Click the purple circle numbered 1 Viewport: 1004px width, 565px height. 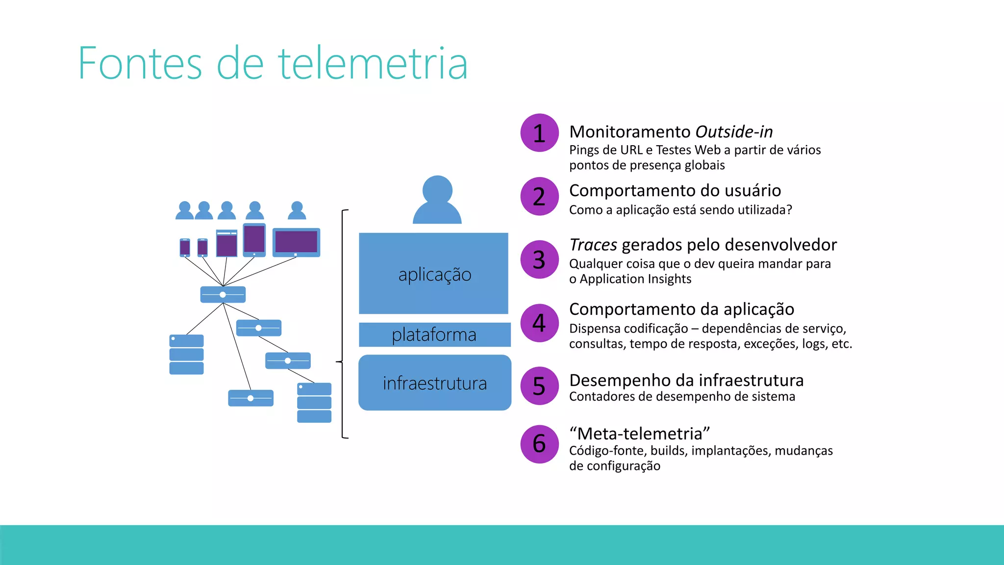[539, 133]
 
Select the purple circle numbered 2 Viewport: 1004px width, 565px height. [539, 196]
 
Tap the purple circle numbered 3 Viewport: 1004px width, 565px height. [539, 259]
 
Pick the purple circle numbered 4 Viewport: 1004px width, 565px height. [539, 323]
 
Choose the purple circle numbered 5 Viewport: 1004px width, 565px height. [539, 386]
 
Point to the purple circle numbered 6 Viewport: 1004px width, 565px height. [539, 444]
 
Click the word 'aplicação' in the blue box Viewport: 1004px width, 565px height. [434, 275]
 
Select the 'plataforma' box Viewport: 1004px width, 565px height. [434, 334]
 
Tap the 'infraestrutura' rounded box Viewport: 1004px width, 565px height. [434, 383]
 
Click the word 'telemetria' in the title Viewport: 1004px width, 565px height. [373, 64]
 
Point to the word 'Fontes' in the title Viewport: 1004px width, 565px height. [140, 64]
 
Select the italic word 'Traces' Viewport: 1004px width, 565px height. [593, 245]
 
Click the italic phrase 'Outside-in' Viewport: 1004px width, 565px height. [734, 132]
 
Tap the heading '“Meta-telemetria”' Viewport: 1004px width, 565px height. [639, 434]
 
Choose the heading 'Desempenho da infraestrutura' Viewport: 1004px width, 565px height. [686, 380]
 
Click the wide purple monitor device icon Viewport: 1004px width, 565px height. [296, 242]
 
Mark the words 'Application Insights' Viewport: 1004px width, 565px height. [635, 279]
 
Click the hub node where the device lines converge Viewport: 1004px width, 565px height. [223, 294]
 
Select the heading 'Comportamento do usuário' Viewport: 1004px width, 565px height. [675, 190]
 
